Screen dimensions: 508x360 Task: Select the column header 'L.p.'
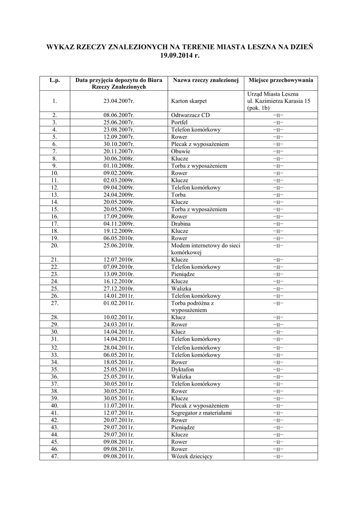click(55, 80)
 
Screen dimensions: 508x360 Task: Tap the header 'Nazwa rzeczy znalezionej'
click(206, 80)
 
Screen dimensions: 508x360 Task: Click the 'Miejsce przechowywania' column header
click(281, 80)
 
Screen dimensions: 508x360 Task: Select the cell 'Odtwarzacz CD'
click(190, 115)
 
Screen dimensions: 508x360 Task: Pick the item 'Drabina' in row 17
click(181, 224)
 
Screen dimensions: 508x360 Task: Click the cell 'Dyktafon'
click(182, 370)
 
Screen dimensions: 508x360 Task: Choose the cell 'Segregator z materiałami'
click(201, 413)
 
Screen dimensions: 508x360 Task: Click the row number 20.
click(55, 246)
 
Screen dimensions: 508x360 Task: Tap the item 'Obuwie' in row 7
click(180, 151)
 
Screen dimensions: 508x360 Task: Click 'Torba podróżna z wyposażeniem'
click(192, 307)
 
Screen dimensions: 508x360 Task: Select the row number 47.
click(55, 456)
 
